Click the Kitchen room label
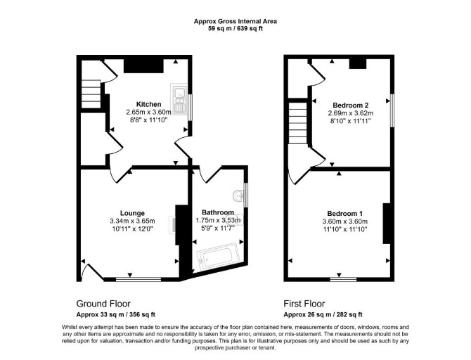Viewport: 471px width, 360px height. (149, 104)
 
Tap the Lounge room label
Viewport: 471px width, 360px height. (132, 213)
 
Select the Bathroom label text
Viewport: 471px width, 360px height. (218, 212)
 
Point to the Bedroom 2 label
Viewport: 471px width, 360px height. (351, 105)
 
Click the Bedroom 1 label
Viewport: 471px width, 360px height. (345, 213)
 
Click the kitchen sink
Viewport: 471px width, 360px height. (179, 99)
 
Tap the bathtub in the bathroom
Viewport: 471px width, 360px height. (218, 257)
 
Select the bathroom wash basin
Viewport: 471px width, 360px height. (238, 196)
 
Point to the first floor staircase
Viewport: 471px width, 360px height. (298, 122)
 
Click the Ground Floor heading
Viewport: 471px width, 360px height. (103, 304)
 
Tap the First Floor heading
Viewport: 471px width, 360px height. (304, 304)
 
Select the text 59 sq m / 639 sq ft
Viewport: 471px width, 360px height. (235, 29)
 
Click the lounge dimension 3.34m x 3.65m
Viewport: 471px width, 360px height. (132, 221)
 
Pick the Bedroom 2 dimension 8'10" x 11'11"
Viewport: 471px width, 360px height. (351, 121)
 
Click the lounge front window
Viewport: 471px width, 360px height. (138, 279)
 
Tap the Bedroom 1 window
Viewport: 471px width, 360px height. (343, 279)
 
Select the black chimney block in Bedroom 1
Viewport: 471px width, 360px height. (387, 224)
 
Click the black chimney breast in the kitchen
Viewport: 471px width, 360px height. (143, 66)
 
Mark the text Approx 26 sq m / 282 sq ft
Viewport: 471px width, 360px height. (323, 314)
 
